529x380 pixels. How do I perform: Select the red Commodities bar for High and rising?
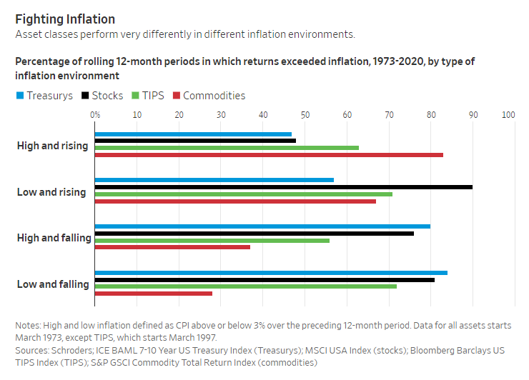point(269,155)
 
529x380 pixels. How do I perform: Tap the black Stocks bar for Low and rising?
point(284,187)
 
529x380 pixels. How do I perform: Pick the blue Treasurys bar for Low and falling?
point(271,273)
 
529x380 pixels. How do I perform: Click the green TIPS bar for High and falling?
point(212,240)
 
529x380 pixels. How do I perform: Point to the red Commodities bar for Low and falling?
point(154,294)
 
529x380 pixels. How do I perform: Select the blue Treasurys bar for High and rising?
point(193,134)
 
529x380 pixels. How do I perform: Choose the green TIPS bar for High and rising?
point(227,148)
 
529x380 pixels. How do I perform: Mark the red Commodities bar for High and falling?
point(172,247)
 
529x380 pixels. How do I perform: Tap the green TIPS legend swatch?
point(137,96)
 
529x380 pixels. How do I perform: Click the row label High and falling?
point(54,238)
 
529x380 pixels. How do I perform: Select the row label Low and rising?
point(51,192)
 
